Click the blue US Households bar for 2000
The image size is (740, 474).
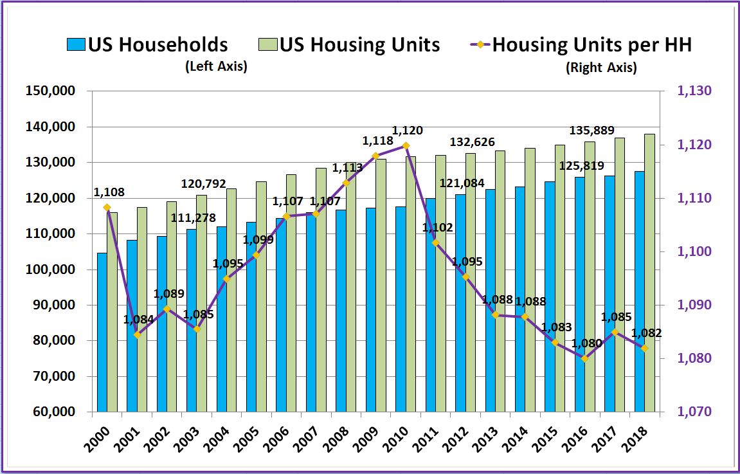pos(102,332)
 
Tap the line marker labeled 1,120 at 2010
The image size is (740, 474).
pos(406,145)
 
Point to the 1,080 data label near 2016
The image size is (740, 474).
pos(588,343)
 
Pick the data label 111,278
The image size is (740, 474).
pos(193,218)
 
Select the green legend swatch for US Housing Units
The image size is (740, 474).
pos(267,45)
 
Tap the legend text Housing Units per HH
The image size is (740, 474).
pos(591,45)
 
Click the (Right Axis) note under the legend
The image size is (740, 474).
pos(601,68)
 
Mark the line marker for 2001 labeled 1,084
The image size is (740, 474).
pos(137,334)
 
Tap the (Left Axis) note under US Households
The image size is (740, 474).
pos(216,66)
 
